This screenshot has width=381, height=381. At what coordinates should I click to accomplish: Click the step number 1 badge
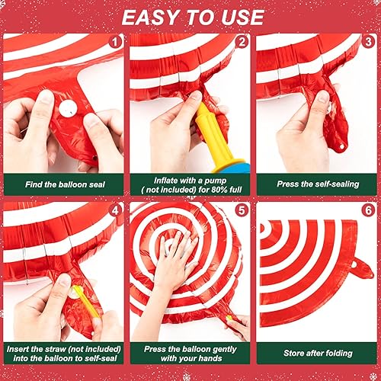click(114, 43)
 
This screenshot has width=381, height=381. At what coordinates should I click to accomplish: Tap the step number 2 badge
click(242, 43)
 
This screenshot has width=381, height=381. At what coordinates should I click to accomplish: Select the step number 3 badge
click(369, 43)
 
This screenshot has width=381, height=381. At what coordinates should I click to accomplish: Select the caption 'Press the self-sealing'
click(316, 184)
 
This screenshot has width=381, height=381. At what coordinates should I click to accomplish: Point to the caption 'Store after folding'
click(316, 353)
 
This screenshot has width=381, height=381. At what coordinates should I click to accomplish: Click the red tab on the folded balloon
click(360, 267)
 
